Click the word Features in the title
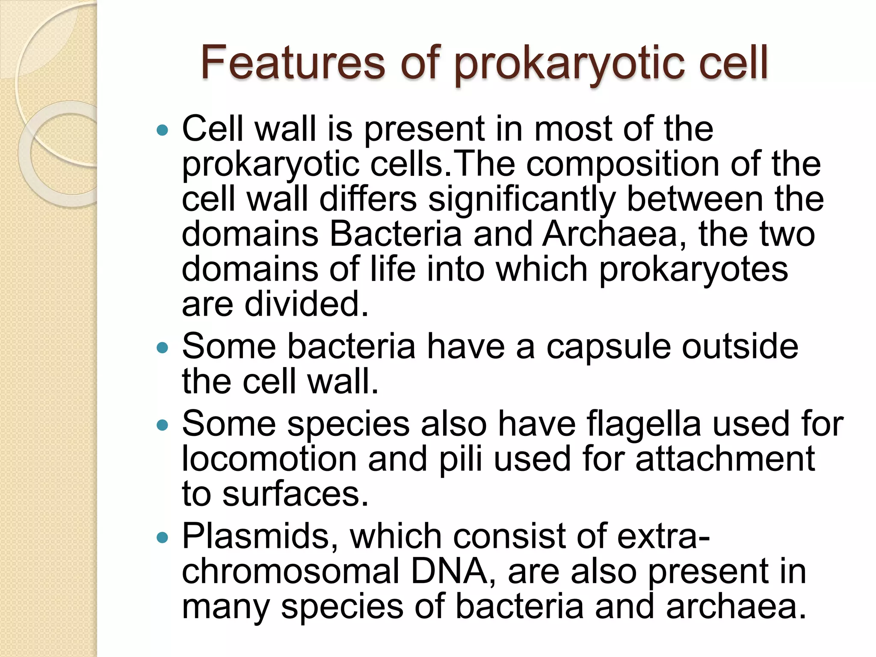293,63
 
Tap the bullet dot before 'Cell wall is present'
163,130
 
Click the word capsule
608,347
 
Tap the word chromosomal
291,572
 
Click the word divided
306,305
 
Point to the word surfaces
295,494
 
